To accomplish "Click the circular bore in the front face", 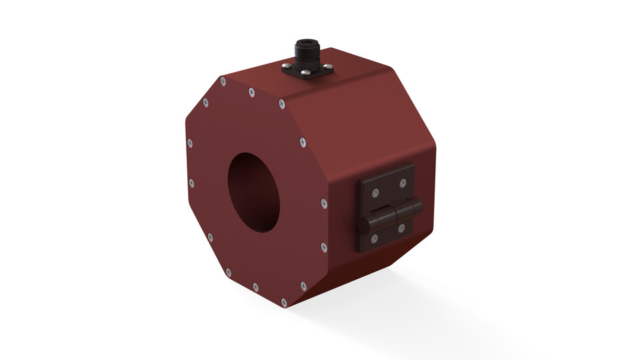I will pyautogui.click(x=255, y=192).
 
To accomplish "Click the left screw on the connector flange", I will pyautogui.click(x=285, y=66).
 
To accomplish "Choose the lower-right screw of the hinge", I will pyautogui.click(x=401, y=228).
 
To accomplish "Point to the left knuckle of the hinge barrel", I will pyautogui.click(x=377, y=221).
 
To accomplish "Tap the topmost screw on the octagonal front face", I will pyautogui.click(x=222, y=81).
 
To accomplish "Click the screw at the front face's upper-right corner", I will pyautogui.click(x=282, y=104).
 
